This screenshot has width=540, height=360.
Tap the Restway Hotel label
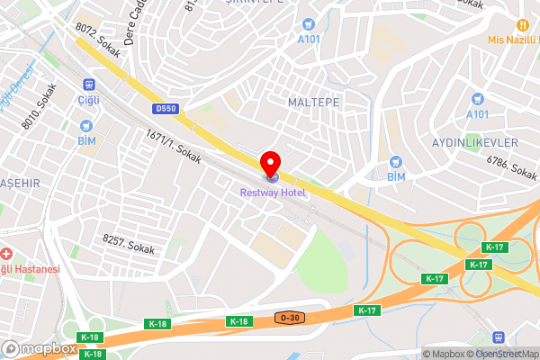coord(273,192)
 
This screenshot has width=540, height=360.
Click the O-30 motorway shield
coord(289,319)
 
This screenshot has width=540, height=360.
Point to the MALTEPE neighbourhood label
coord(312,102)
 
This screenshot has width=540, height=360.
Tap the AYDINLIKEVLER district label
coord(474,144)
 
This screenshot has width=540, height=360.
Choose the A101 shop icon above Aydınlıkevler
coord(478,98)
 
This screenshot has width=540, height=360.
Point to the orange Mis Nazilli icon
coord(521,24)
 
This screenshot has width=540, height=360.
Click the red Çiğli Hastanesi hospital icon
coord(7,255)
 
